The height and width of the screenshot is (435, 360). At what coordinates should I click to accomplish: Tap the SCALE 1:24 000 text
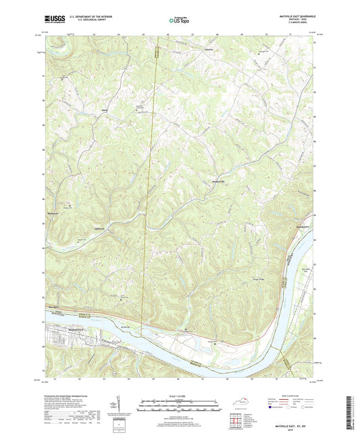180,395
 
